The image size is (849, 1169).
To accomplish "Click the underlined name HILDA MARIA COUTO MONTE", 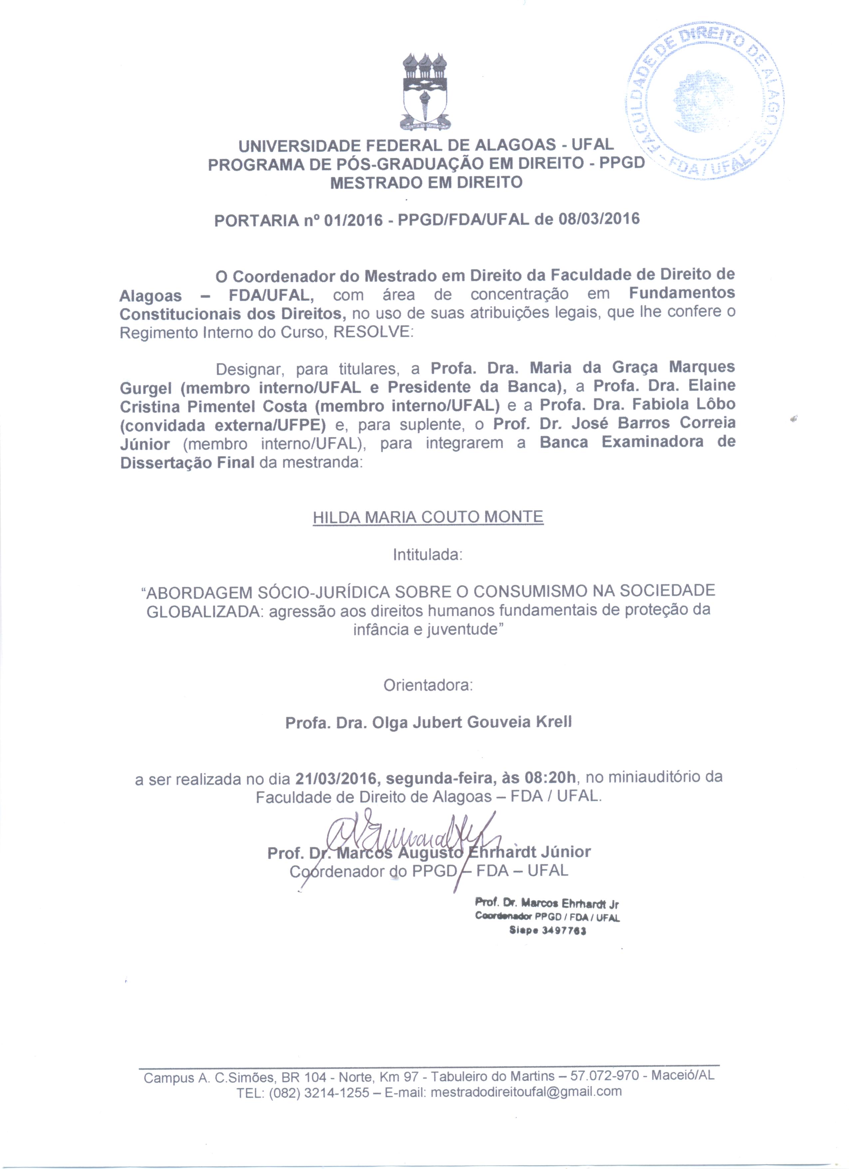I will (427, 517).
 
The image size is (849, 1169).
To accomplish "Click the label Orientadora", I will (427, 685).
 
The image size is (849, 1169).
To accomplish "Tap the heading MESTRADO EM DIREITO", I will (426, 183).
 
